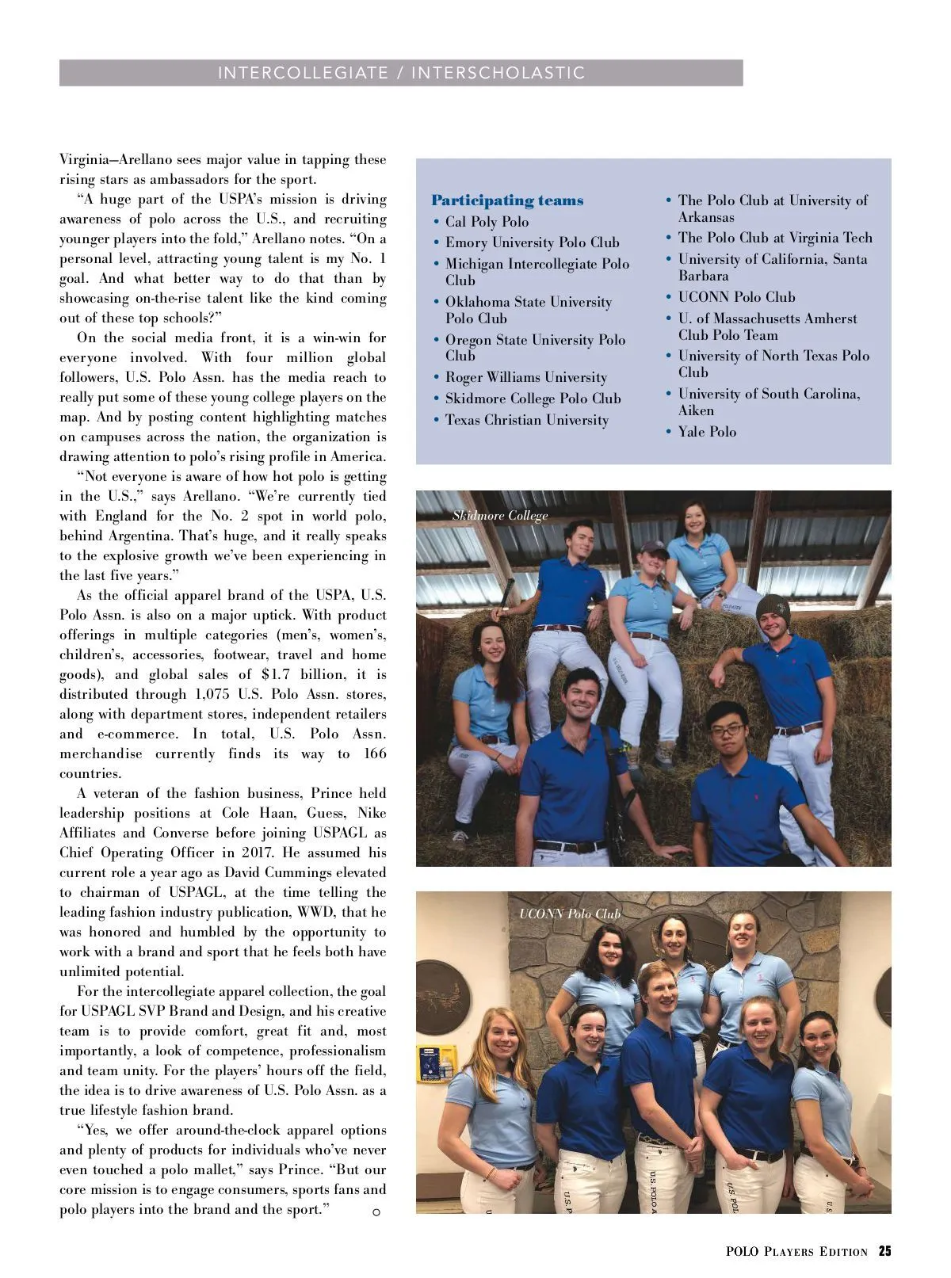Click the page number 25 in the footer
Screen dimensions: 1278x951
click(x=884, y=1252)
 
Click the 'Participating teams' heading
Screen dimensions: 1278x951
click(x=507, y=200)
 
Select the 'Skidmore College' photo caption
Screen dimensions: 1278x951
click(x=500, y=516)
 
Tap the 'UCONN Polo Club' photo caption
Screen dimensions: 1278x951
click(x=570, y=914)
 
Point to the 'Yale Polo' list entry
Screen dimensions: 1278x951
click(x=707, y=432)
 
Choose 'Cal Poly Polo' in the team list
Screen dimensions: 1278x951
click(x=487, y=222)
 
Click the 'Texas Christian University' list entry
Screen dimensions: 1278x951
click(x=526, y=420)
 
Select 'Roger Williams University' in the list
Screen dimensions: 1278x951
click(x=525, y=377)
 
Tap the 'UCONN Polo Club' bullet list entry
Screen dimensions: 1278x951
click(x=736, y=297)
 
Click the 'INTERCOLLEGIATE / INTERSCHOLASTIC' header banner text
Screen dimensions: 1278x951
click(x=401, y=73)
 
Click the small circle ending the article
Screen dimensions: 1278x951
click(x=376, y=1212)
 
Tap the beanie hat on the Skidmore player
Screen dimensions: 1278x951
click(x=773, y=608)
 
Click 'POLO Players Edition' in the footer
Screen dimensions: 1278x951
click(x=796, y=1252)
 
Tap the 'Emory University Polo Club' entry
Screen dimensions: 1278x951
click(x=532, y=242)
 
